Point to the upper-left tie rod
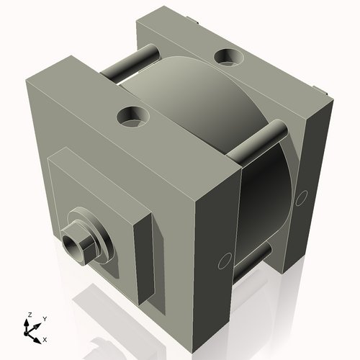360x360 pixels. [130, 63]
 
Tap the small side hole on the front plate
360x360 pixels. [223, 261]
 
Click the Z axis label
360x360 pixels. [29, 315]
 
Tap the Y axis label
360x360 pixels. [44, 318]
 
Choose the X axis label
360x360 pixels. [45, 338]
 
